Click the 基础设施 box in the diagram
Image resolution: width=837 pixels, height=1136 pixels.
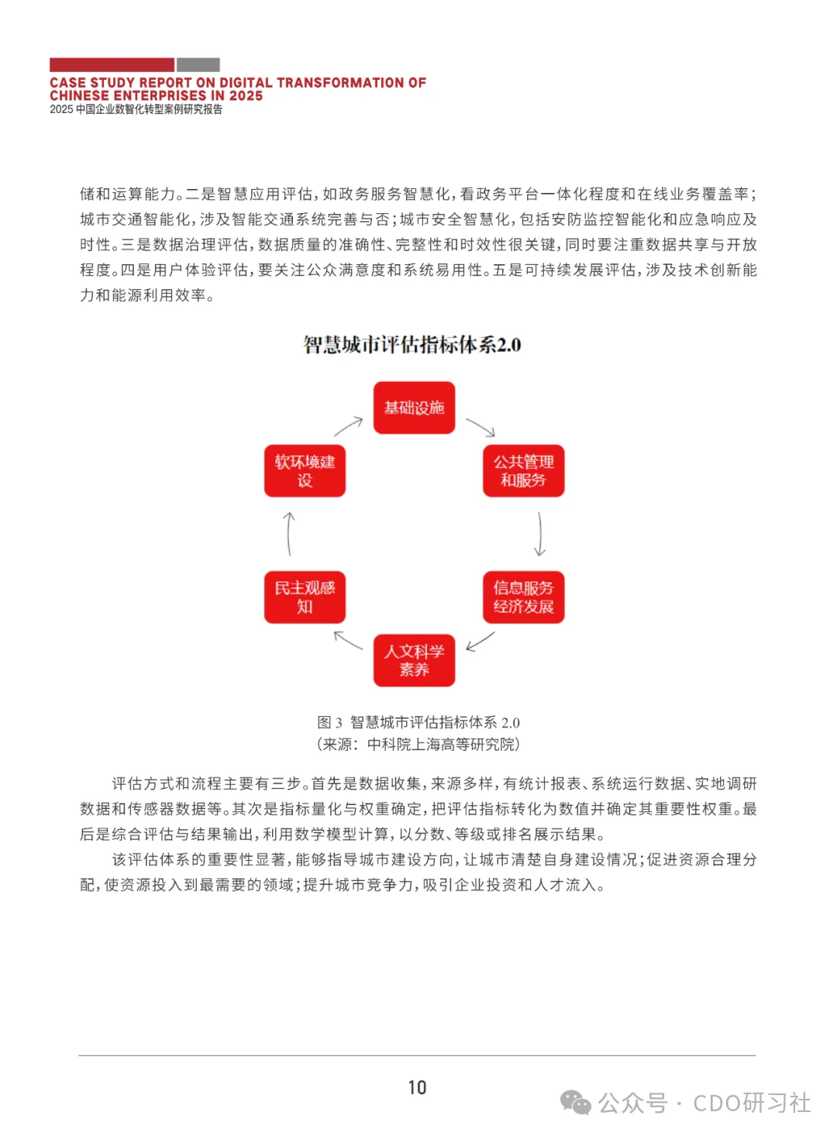pos(414,408)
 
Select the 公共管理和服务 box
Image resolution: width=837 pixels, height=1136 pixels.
pos(523,470)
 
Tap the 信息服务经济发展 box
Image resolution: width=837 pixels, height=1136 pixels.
pos(523,597)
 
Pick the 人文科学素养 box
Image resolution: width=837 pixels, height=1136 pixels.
pos(414,660)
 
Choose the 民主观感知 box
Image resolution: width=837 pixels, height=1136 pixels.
pos(305,597)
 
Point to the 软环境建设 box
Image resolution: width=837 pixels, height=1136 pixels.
pos(305,470)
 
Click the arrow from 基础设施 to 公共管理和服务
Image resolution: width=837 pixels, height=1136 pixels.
pos(480,427)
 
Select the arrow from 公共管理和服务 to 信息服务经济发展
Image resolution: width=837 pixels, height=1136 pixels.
pos(540,534)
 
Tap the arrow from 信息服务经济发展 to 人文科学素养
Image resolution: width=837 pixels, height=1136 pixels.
pos(480,642)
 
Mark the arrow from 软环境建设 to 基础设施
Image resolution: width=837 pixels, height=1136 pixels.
pos(349,426)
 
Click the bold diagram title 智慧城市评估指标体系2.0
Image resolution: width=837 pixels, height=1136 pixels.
pos(412,345)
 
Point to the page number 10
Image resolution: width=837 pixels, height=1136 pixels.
pos(417,1088)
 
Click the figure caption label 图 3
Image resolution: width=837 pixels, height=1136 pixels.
pos(329,723)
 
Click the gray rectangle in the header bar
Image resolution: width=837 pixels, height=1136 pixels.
pos(198,65)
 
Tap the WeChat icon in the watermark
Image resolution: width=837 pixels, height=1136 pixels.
pos(575,1103)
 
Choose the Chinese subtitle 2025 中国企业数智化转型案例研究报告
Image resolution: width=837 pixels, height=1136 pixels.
pos(136,109)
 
